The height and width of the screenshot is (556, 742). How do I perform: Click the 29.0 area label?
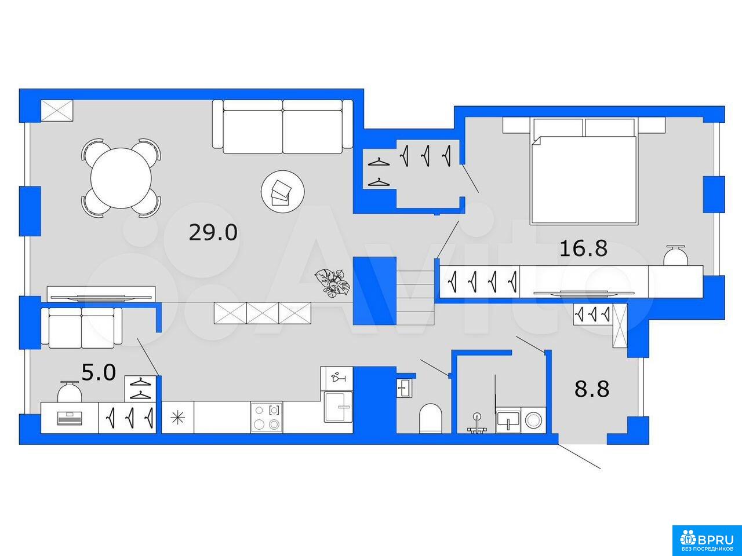pos(213,233)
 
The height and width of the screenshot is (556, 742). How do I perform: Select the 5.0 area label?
pos(99,372)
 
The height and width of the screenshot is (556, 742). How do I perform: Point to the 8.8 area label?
pos(592,389)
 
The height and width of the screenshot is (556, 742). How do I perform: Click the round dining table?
pos(121,178)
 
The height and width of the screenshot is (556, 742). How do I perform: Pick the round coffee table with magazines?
pos(283,191)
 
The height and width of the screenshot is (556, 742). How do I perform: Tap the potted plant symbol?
pos(332,283)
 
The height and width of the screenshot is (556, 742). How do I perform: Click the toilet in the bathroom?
pos(431,418)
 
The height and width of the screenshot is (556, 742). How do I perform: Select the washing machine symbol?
pos(533,420)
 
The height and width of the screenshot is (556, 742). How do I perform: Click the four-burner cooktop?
pos(267,418)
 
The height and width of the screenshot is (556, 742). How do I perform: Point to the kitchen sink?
pos(339,407)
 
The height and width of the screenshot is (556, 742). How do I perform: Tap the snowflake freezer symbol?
pos(178,418)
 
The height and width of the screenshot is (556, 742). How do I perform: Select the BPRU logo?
pos(707,540)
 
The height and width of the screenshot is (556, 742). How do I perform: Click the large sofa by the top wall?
pos(283,127)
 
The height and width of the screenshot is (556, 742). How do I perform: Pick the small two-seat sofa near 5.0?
pos(82,327)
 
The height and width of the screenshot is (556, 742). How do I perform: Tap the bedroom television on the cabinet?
pos(584,293)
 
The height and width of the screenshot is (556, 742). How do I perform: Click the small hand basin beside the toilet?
pos(403,388)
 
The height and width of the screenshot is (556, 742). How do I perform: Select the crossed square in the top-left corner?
pos(57,111)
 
